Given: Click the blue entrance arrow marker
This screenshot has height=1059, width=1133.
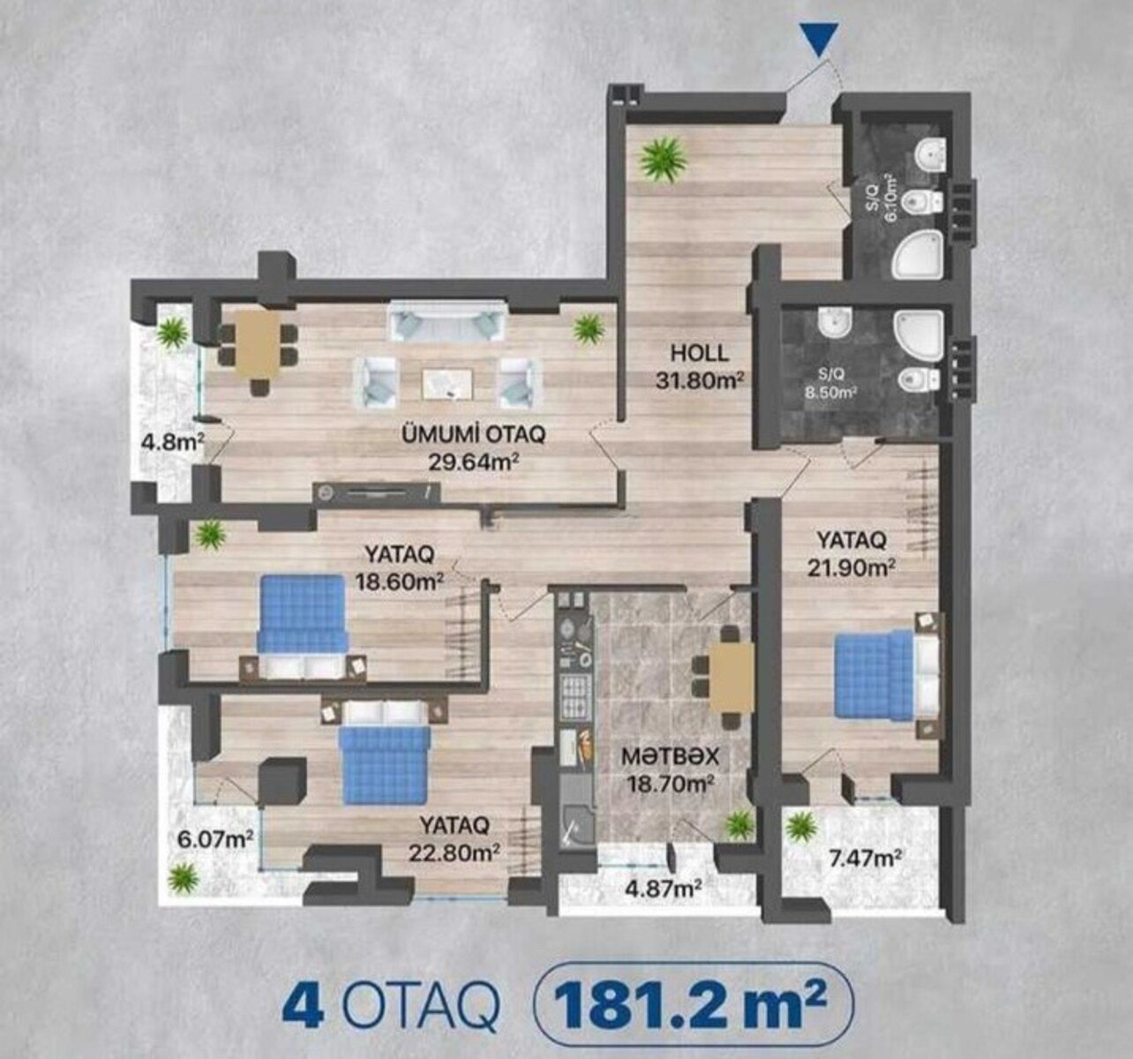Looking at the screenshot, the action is click(x=819, y=40).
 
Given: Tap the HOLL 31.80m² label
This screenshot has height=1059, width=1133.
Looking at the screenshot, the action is click(x=700, y=366).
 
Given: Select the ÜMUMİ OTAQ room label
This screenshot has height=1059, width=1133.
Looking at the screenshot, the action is click(x=474, y=435).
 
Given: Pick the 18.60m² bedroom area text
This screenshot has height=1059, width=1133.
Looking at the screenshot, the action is click(x=400, y=582).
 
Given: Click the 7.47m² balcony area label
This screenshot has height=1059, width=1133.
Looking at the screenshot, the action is click(x=866, y=858).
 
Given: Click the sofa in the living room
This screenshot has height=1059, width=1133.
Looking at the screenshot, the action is click(x=446, y=321).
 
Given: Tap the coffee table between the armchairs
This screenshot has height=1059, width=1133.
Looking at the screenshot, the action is click(x=447, y=383).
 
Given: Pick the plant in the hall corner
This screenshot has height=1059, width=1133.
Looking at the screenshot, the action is click(x=663, y=161).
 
